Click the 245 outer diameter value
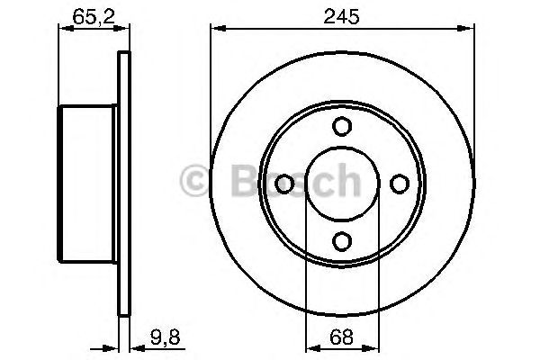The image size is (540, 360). (x=342, y=14)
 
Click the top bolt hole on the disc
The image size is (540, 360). (x=342, y=127)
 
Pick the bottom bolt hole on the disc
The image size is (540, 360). (x=342, y=240)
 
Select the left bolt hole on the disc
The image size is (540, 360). (x=285, y=184)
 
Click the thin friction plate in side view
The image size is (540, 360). (x=124, y=184)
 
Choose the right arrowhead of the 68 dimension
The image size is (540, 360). (x=373, y=346)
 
